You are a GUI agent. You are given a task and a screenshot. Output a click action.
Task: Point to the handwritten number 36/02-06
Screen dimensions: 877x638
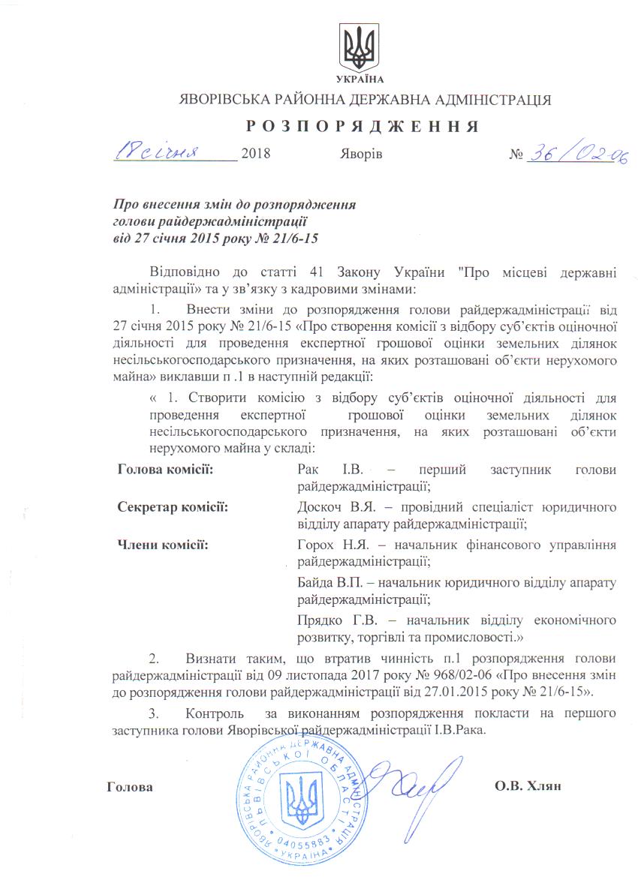coord(577,155)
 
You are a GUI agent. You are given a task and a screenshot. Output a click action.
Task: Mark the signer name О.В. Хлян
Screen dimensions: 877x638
coord(528,786)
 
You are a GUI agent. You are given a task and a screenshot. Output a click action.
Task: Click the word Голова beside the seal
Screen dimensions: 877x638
coord(130,787)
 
